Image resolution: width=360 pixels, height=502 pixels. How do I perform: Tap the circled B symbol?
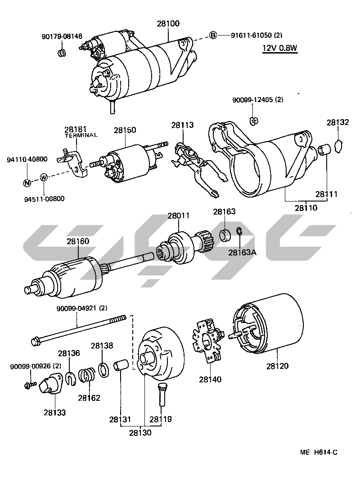click(x=214, y=35)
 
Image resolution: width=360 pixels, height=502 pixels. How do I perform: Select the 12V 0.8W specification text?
click(x=280, y=49)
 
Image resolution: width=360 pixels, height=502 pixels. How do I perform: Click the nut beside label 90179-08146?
click(x=61, y=53)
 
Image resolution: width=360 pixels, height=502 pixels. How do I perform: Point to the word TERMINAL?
click(x=81, y=135)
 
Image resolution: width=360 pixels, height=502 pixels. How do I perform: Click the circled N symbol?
click(x=27, y=183)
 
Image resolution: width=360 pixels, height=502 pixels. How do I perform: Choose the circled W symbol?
click(x=44, y=177)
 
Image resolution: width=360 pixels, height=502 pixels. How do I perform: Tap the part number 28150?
click(x=125, y=130)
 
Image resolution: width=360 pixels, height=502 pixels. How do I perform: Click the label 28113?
click(x=182, y=125)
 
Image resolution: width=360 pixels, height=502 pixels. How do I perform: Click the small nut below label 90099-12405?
click(x=253, y=120)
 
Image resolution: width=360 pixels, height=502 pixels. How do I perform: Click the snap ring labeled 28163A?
click(x=240, y=233)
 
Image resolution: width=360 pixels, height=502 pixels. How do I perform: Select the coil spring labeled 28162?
click(x=86, y=375)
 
